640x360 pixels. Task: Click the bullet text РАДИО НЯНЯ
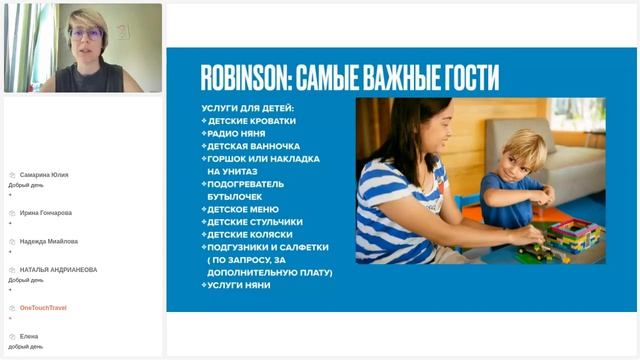(237, 132)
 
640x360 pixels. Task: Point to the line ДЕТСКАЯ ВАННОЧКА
(253, 145)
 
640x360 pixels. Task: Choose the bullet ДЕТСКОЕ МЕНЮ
(243, 209)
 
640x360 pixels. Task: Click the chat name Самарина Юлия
(44, 174)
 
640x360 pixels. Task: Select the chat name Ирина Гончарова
(46, 213)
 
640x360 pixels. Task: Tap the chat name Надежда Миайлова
(49, 241)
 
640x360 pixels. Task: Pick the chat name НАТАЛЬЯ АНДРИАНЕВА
(58, 269)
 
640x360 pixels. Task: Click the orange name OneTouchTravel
(43, 308)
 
